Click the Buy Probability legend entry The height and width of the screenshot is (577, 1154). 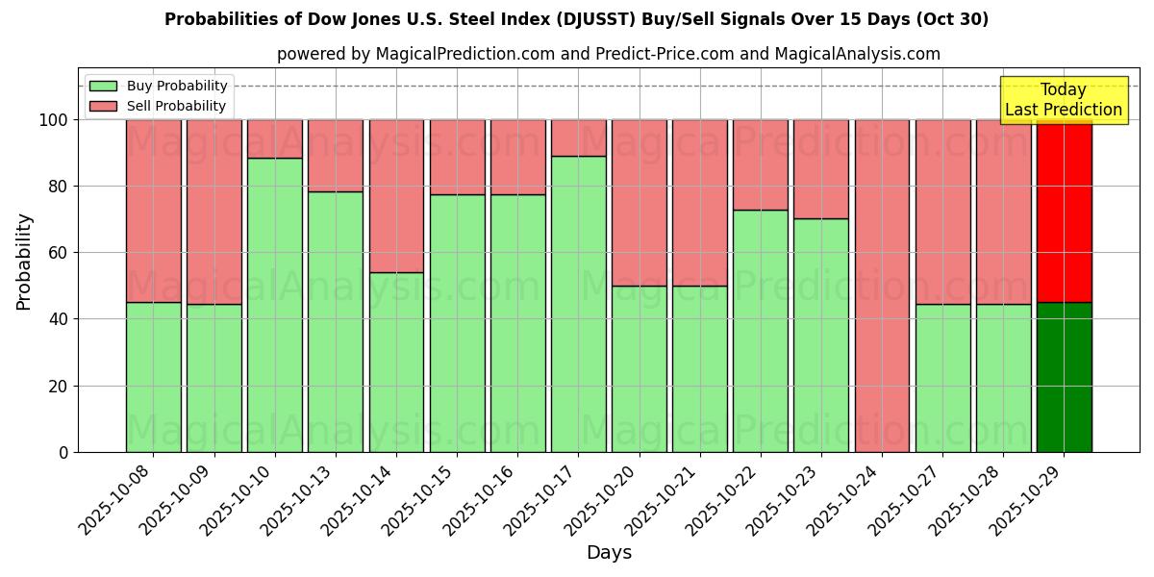click(159, 86)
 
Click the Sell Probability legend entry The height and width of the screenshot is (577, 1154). click(159, 106)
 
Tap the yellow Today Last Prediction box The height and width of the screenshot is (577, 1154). click(1063, 100)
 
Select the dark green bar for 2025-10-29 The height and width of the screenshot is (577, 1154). click(1064, 377)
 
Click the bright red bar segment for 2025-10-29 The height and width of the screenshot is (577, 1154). click(1064, 212)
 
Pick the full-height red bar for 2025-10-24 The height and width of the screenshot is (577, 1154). click(882, 286)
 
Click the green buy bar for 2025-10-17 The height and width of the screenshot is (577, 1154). click(578, 304)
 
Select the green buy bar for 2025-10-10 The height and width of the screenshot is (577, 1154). click(275, 305)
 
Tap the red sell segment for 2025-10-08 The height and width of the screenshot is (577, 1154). click(154, 211)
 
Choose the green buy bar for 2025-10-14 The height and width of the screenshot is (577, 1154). click(396, 362)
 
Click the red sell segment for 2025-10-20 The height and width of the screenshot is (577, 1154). click(639, 203)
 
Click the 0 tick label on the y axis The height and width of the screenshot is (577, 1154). click(63, 452)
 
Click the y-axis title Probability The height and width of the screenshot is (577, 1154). click(24, 262)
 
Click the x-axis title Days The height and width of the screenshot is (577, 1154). click(609, 553)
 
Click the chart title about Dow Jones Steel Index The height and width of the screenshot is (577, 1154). click(576, 19)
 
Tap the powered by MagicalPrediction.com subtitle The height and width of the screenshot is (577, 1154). click(608, 54)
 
